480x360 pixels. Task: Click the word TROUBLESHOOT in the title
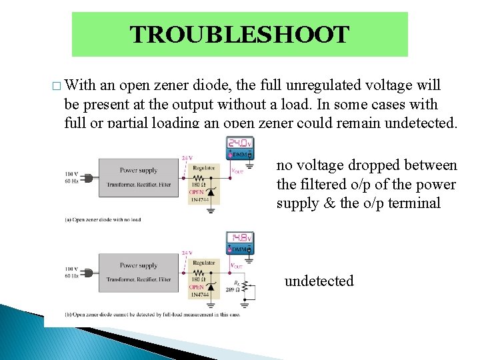coord(239,35)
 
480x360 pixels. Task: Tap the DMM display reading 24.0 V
coord(240,143)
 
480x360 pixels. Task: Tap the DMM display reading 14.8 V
coord(240,238)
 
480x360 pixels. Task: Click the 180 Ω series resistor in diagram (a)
coord(198,177)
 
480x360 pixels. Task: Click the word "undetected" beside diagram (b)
coord(319,281)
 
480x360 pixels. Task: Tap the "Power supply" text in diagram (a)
coord(138,170)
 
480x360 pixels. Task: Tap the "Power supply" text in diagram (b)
coord(138,265)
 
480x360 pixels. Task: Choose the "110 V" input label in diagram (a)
coord(72,174)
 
